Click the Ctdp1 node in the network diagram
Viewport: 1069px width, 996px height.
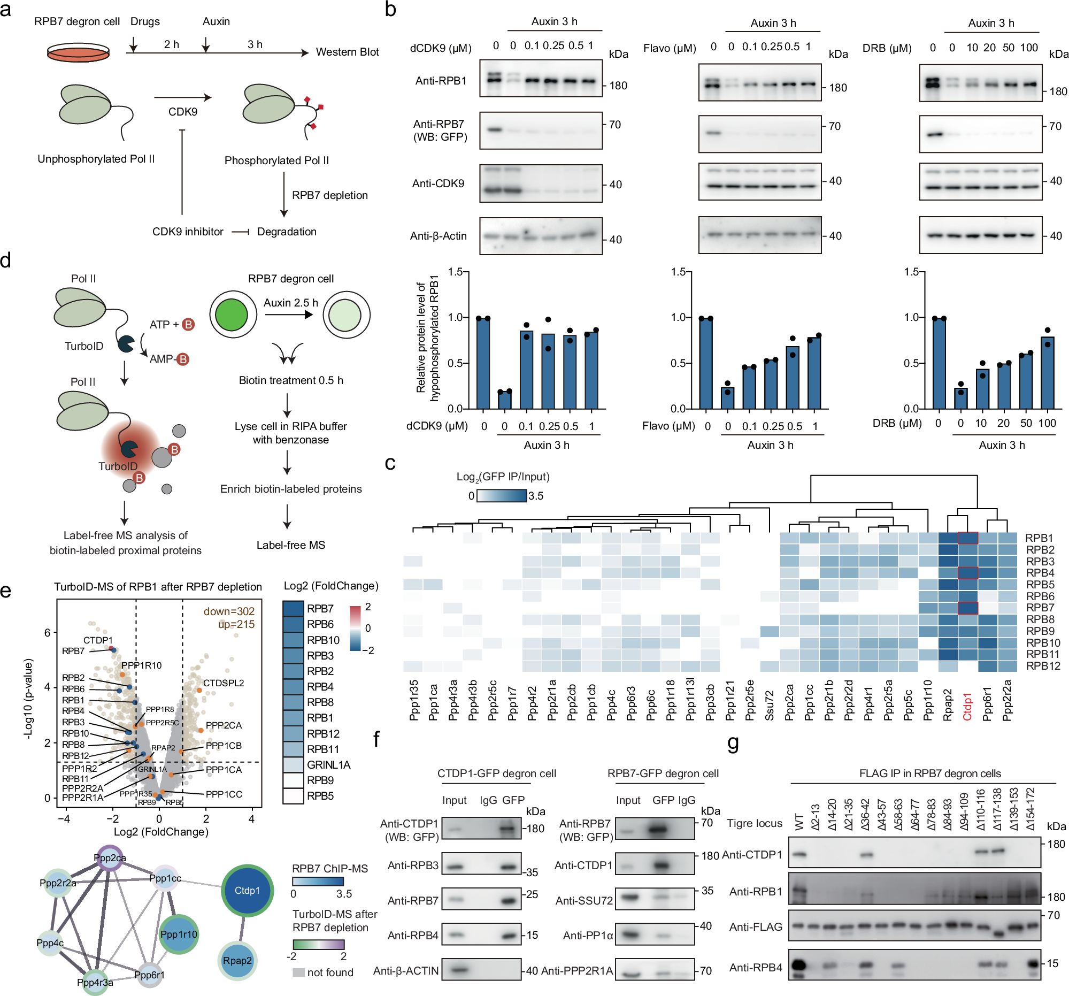click(x=247, y=890)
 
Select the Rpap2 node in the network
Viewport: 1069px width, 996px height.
click(x=237, y=960)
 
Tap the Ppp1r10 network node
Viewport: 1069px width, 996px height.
click(x=179, y=934)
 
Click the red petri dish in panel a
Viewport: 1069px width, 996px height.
click(x=78, y=52)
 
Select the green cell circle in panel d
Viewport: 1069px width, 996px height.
click(x=232, y=315)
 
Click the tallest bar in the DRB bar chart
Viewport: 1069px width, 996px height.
click(x=939, y=363)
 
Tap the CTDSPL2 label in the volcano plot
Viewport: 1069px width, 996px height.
click(x=223, y=683)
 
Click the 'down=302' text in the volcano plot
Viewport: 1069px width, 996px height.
click(x=229, y=611)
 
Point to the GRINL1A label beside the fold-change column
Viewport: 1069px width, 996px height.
click(x=328, y=764)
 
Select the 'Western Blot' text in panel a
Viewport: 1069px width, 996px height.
click(x=347, y=52)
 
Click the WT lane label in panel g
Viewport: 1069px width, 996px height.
click(x=799, y=821)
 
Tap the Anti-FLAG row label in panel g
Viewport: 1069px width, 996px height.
click(x=755, y=926)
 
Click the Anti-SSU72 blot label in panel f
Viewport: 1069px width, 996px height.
click(x=583, y=900)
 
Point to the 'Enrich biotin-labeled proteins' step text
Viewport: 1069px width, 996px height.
click(x=291, y=489)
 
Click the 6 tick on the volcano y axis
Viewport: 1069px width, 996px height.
click(x=47, y=632)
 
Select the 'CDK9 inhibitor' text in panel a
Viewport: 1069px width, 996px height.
click(x=188, y=232)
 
